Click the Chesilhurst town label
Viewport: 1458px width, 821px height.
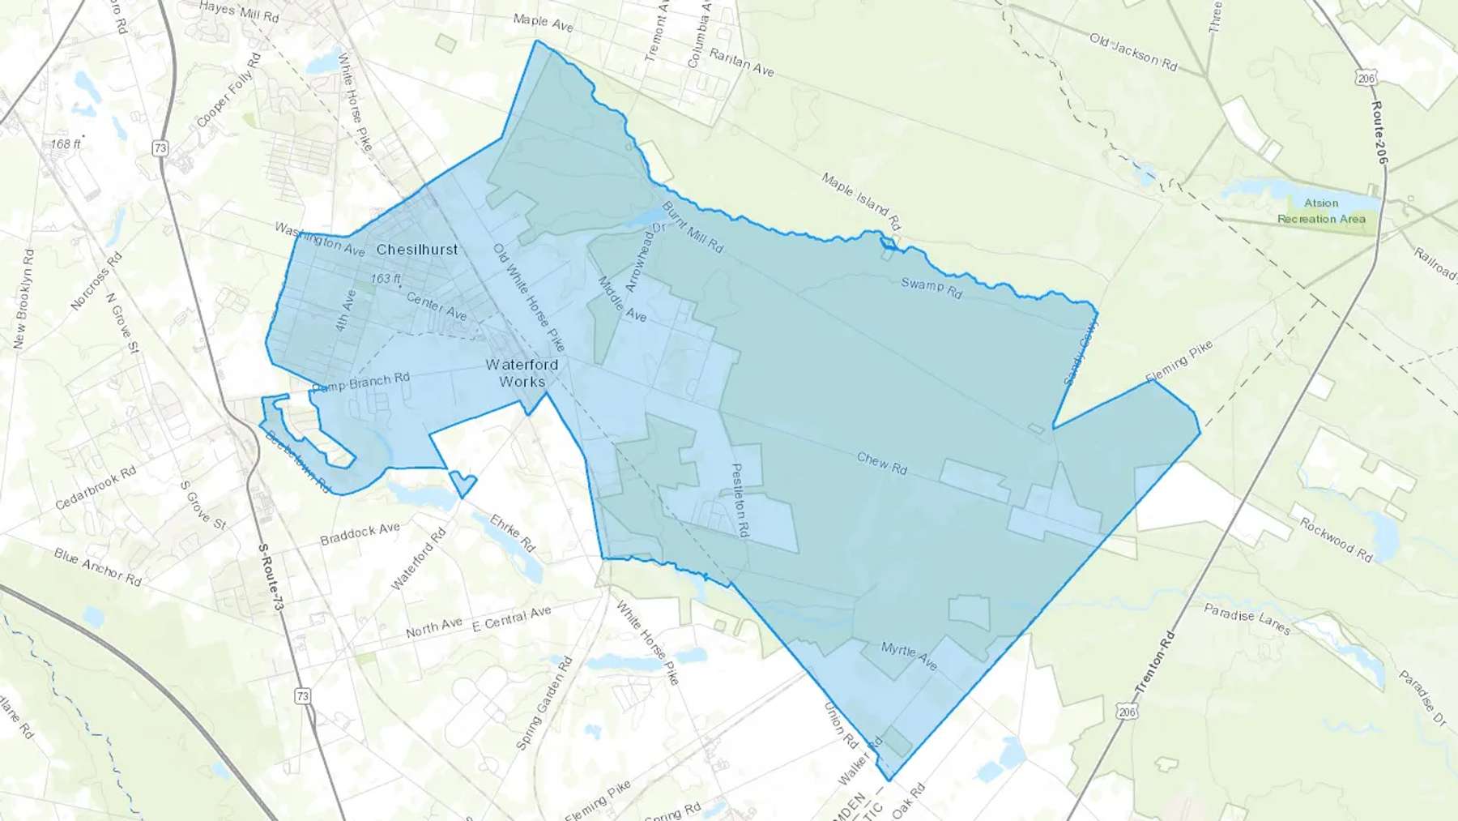click(417, 250)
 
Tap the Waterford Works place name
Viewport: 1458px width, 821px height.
click(522, 373)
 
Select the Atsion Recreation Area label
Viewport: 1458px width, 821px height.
click(1321, 211)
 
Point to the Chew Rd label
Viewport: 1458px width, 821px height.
click(882, 464)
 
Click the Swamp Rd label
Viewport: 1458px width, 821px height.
click(932, 287)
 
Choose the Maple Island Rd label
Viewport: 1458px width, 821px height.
click(861, 201)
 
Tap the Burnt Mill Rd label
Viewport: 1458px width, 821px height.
click(693, 227)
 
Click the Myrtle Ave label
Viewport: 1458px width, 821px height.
click(909, 656)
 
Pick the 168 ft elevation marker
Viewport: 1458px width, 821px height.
click(66, 144)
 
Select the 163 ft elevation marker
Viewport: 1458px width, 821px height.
click(386, 279)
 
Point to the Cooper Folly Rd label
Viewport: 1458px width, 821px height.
click(229, 90)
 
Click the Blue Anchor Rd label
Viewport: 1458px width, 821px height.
click(97, 567)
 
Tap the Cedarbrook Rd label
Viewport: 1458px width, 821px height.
click(96, 488)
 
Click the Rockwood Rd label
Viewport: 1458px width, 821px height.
click(1336, 539)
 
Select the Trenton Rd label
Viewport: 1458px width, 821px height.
click(1154, 665)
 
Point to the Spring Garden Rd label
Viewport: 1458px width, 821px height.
click(544, 703)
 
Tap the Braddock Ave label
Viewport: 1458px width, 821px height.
click(360, 533)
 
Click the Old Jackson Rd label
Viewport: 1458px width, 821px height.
click(1133, 51)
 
